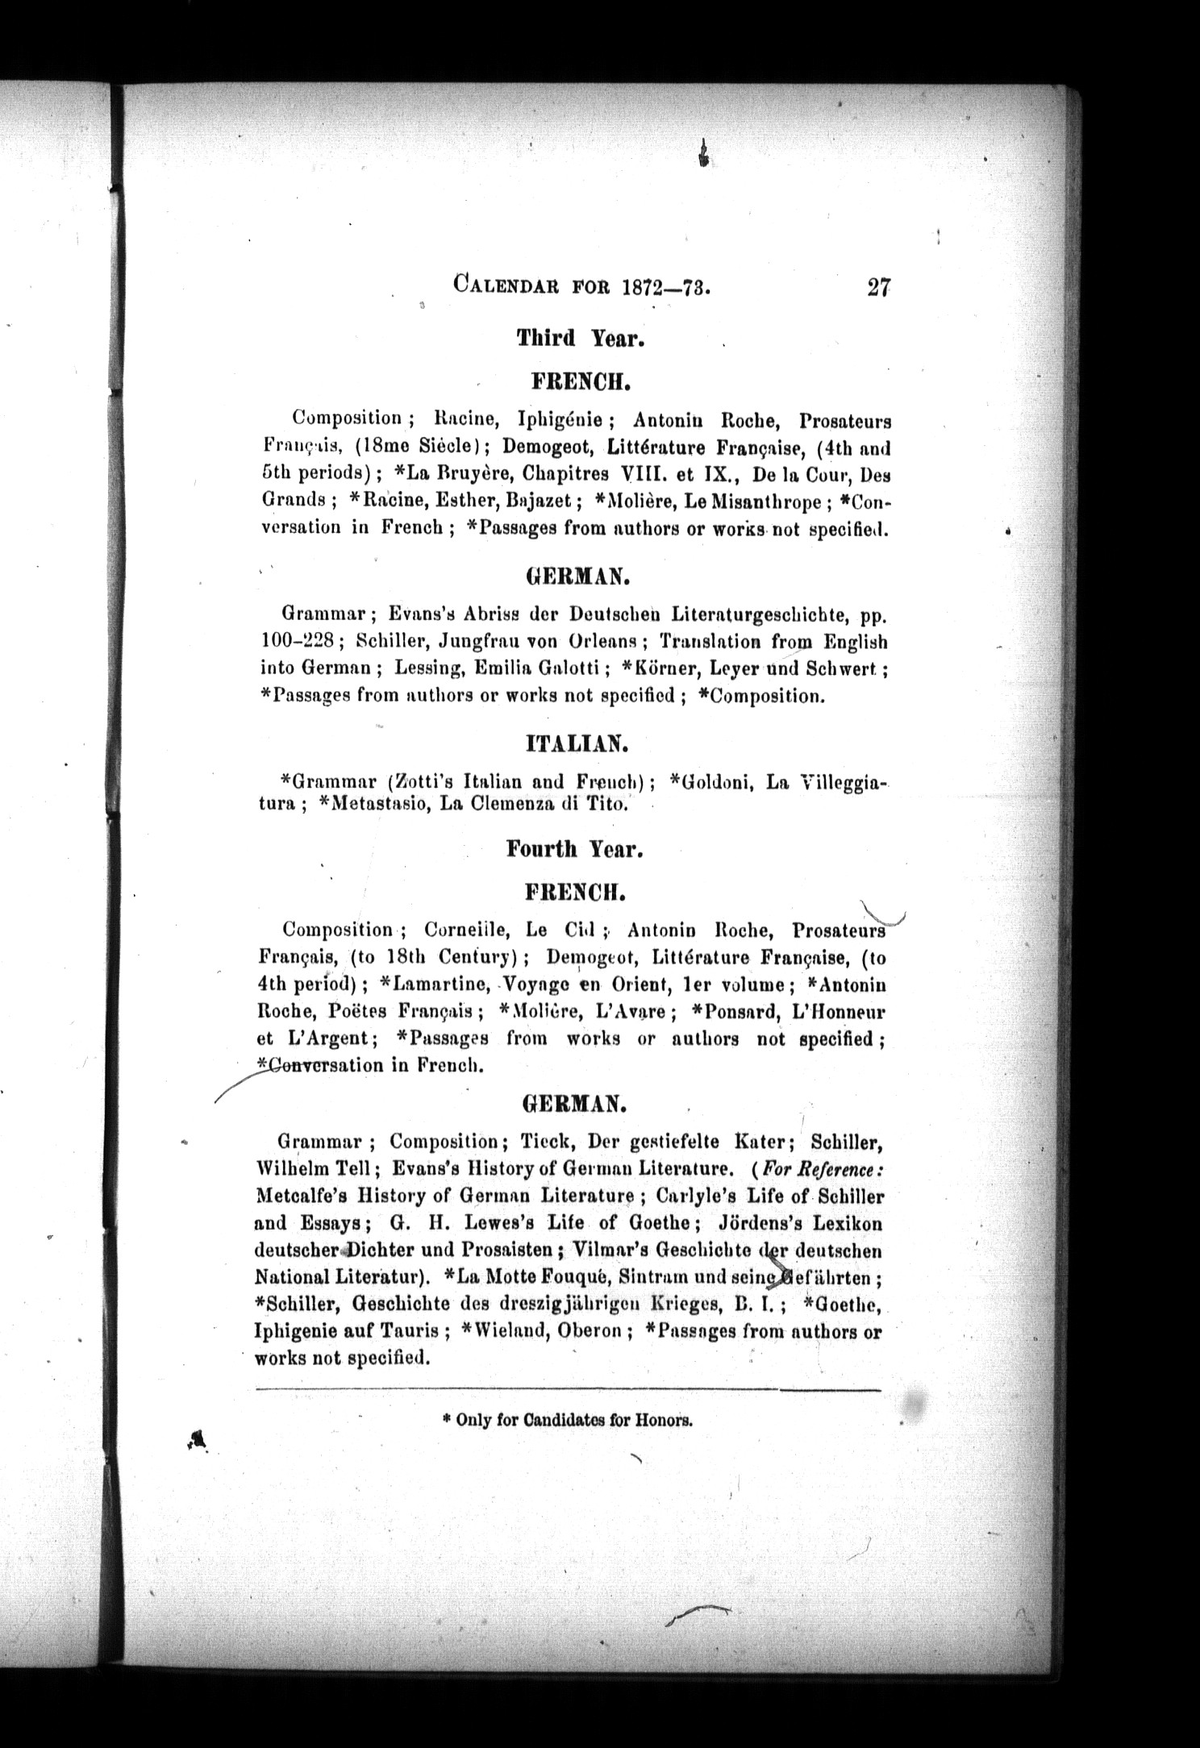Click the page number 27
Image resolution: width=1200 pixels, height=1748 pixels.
click(877, 288)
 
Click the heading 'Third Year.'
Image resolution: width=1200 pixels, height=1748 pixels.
click(580, 339)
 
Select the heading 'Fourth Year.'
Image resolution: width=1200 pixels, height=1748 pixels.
click(574, 849)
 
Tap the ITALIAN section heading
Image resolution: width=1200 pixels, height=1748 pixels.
click(577, 743)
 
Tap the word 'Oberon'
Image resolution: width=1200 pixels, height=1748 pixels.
click(590, 1331)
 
